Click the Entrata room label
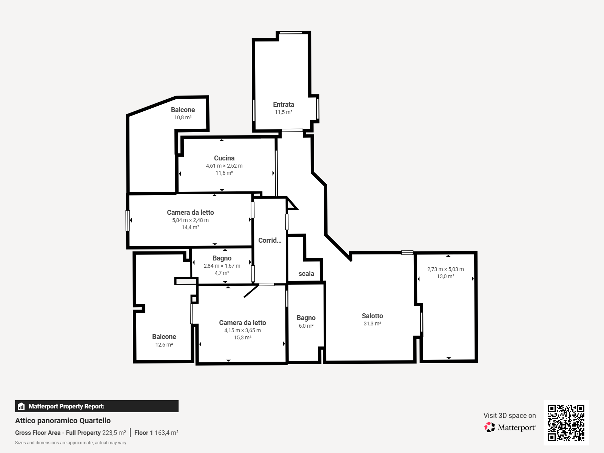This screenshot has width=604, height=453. [x=284, y=105]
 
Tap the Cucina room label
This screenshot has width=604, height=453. [x=224, y=158]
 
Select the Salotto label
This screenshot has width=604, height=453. [x=372, y=316]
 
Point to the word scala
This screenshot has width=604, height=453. [x=306, y=274]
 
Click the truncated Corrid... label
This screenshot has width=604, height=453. [x=270, y=240]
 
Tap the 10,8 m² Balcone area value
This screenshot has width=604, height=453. [x=183, y=117]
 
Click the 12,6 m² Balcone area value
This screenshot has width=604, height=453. [x=164, y=345]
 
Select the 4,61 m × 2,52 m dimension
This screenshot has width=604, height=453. [x=224, y=166]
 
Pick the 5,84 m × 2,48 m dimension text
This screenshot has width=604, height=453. [x=190, y=220]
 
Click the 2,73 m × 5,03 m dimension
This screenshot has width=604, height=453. [x=445, y=269]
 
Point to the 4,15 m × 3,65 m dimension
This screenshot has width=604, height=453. [x=242, y=330]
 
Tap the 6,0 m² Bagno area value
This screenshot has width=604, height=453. [x=306, y=326]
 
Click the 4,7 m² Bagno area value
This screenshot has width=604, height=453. [x=222, y=273]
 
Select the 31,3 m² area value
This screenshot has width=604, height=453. [x=372, y=324]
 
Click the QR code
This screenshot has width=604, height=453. [x=566, y=423]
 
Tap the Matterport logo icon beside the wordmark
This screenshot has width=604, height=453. [x=490, y=427]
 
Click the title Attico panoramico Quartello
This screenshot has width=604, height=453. [x=63, y=421]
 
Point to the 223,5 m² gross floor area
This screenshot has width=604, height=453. [x=114, y=433]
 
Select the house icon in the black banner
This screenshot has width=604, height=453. [x=21, y=406]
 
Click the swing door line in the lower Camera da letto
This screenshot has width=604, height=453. [x=251, y=291]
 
